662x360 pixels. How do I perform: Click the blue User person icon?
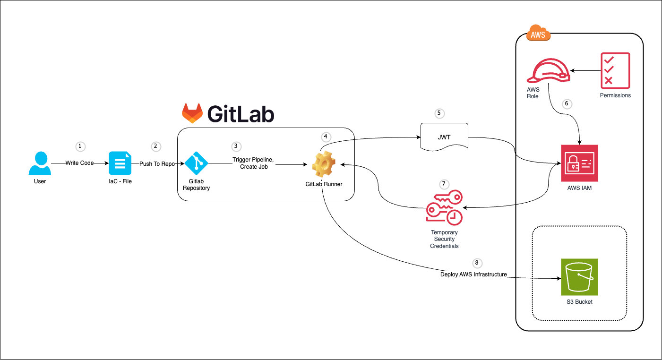pyautogui.click(x=40, y=163)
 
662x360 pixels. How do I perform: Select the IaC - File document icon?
pyautogui.click(x=120, y=163)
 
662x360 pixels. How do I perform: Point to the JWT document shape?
pyautogui.click(x=444, y=137)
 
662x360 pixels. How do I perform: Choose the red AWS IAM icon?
pyautogui.click(x=579, y=163)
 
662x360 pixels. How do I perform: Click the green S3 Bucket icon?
pyautogui.click(x=579, y=277)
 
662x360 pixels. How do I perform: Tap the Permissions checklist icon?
pyautogui.click(x=615, y=71)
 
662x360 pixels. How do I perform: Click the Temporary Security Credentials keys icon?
pyautogui.click(x=444, y=208)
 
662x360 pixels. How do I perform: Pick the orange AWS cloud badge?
pyautogui.click(x=538, y=34)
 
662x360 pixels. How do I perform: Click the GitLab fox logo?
pyautogui.click(x=192, y=113)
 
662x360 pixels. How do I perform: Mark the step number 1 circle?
pyautogui.click(x=80, y=146)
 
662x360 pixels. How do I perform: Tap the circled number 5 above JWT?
pyautogui.click(x=439, y=113)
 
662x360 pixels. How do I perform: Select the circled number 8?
pyautogui.click(x=476, y=262)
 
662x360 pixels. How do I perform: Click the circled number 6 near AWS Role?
pyautogui.click(x=567, y=103)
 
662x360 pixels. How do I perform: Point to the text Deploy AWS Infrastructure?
pyautogui.click(x=473, y=274)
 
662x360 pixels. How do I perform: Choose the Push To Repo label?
pyautogui.click(x=157, y=163)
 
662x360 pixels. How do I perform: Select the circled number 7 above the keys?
pyautogui.click(x=443, y=183)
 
